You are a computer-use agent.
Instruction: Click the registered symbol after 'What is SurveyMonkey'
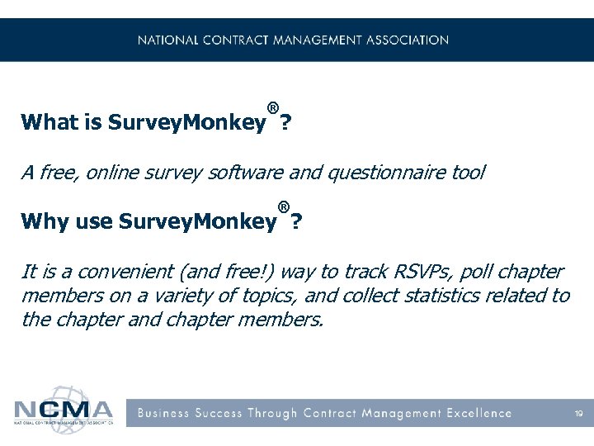pos(272,108)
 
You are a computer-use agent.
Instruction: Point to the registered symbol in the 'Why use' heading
pos(284,206)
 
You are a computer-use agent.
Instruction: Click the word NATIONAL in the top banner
pos(168,40)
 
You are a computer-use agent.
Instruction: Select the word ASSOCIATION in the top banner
pos(401,40)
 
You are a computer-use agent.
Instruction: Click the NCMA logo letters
pos(64,410)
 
